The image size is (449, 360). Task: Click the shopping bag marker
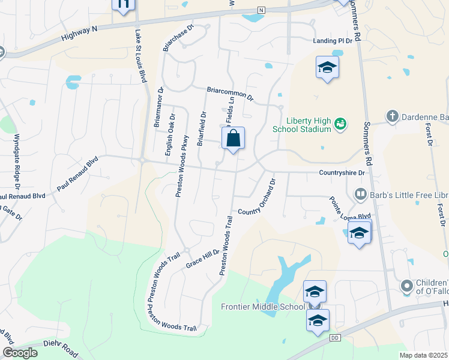[234, 139]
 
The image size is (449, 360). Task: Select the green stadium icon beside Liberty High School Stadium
[340, 124]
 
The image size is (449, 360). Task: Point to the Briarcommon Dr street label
[231, 94]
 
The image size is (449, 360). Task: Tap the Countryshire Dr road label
[342, 173]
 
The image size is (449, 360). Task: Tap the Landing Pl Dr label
[333, 41]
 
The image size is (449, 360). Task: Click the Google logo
[20, 353]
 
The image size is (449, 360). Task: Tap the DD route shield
[335, 339]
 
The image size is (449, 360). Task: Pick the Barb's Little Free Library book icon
[360, 194]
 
